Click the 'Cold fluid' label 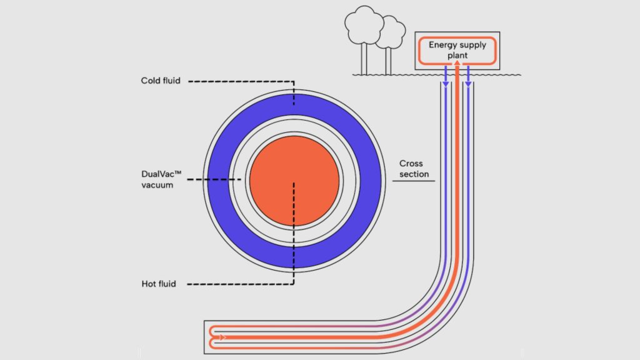pos(161,81)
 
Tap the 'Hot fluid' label pos(159,284)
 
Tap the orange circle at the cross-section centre pos(294,181)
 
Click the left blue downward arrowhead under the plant pos(446,82)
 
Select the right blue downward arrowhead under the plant pos(468,82)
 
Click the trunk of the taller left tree pos(363,59)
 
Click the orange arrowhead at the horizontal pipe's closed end pos(223,337)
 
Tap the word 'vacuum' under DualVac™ pos(157,185)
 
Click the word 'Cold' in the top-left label pos(151,81)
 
